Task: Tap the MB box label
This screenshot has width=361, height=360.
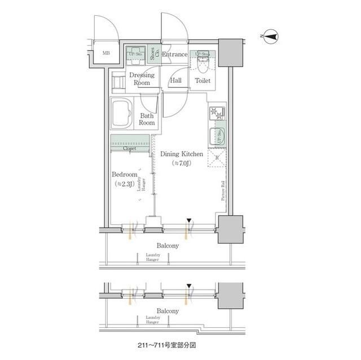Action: (x=106, y=54)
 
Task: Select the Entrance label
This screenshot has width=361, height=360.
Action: (x=175, y=54)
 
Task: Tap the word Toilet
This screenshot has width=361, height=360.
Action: (x=202, y=81)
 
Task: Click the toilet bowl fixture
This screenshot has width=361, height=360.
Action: (x=203, y=65)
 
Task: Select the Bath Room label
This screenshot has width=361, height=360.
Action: (x=147, y=119)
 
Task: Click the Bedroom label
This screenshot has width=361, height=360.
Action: (x=124, y=175)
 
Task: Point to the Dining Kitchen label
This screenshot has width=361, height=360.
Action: (x=180, y=153)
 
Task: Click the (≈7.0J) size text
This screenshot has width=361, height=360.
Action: (x=180, y=163)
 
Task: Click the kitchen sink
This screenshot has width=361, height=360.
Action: (x=217, y=137)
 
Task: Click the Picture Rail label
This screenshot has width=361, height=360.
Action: (x=223, y=190)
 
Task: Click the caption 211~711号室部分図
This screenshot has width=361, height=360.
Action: (x=168, y=343)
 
